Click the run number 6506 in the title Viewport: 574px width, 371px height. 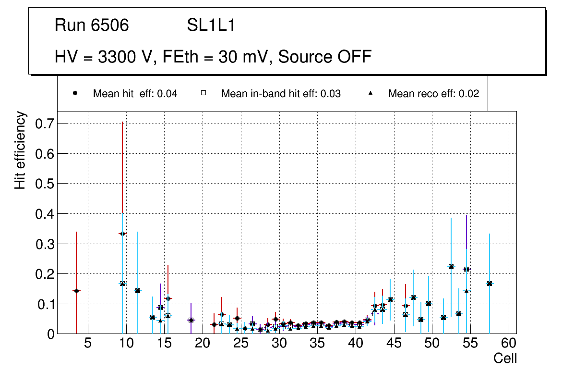click(110, 26)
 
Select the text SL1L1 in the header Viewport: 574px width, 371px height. click(211, 26)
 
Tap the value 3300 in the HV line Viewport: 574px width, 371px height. click(117, 57)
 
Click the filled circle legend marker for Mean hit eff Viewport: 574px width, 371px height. click(75, 94)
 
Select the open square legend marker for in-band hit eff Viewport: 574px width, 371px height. click(203, 94)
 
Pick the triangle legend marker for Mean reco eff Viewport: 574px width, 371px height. click(371, 94)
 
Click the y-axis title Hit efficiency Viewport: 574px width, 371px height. click(20, 150)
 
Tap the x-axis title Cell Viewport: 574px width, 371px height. click(505, 358)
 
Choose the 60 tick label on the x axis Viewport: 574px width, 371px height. click(509, 344)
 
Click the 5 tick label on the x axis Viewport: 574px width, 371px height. click(88, 344)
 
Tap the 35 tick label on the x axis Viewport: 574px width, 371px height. click(317, 344)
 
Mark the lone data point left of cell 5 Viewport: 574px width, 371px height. click(76, 291)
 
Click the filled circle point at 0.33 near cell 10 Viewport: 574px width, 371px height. click(122, 234)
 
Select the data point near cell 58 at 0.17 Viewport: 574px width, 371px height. click(490, 284)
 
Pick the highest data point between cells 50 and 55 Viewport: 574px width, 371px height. click(451, 266)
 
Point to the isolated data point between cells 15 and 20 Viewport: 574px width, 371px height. click(191, 320)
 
